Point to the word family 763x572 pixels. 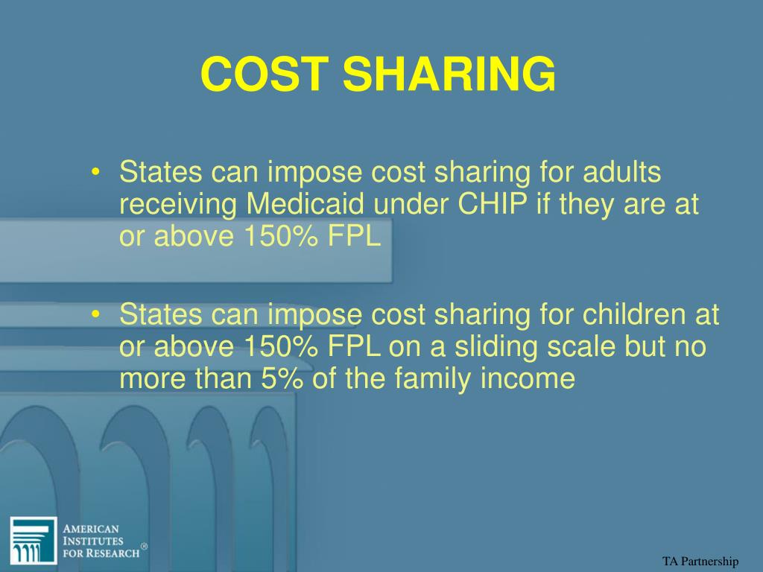(x=434, y=380)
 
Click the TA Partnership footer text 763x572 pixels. (x=700, y=562)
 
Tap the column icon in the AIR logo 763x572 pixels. (x=33, y=540)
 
